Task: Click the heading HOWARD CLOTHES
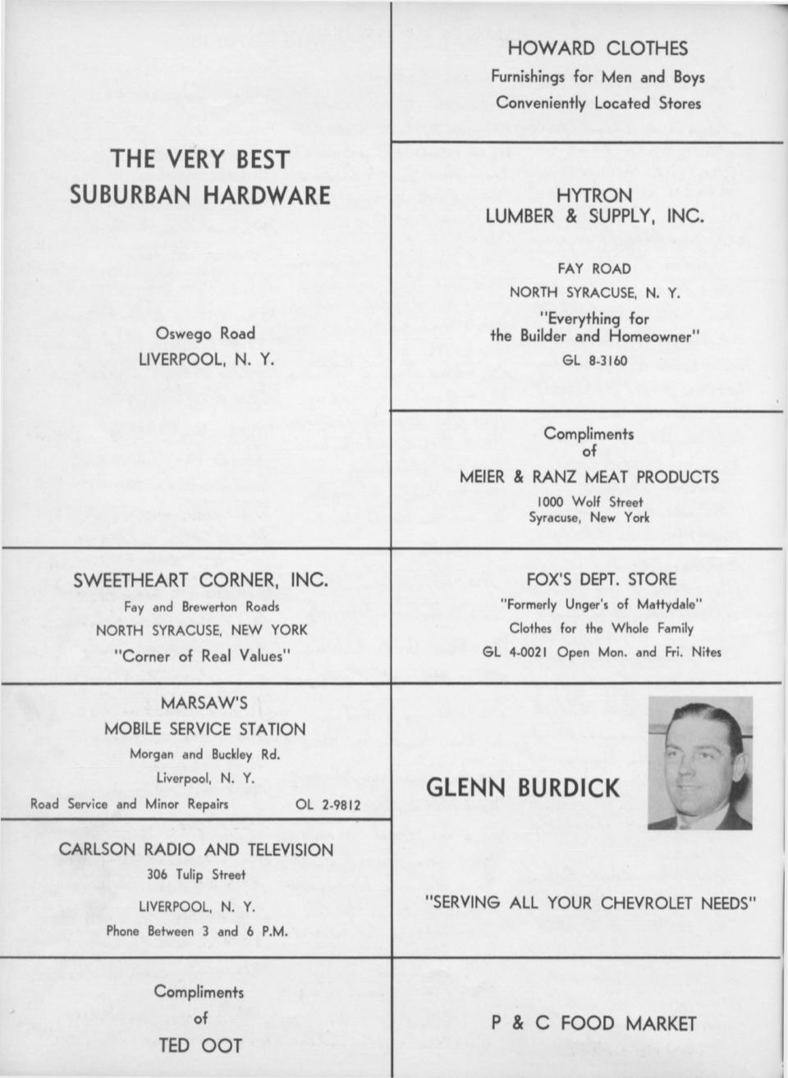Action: (597, 48)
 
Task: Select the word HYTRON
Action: (594, 195)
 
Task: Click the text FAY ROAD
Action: (594, 268)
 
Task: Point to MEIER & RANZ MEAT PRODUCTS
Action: (589, 477)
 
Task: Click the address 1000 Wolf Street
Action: (589, 501)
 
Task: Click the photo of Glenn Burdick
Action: (699, 763)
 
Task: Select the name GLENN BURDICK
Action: (523, 788)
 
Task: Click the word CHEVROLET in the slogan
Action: (648, 902)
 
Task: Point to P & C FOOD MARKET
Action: (593, 1023)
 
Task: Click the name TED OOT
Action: (200, 1044)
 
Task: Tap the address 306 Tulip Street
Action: (196, 875)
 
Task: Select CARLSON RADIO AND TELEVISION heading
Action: (196, 850)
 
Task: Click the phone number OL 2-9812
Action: (328, 805)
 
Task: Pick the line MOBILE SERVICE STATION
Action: (204, 729)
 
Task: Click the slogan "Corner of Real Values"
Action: (202, 656)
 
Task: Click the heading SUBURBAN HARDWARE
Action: (199, 195)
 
